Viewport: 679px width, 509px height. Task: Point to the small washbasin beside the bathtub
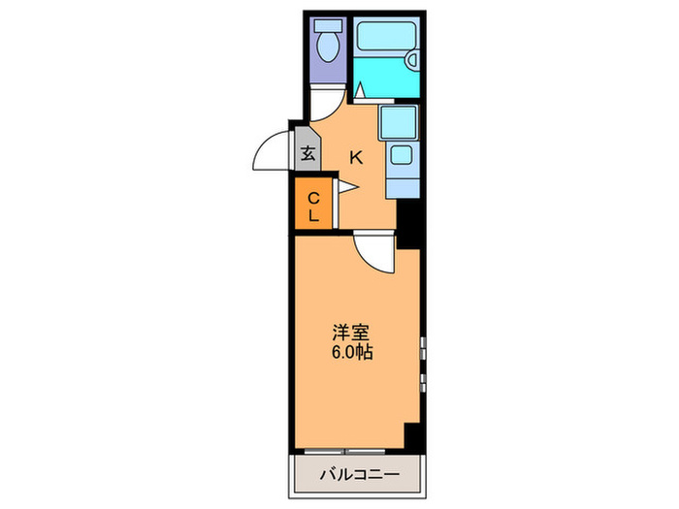point(412,61)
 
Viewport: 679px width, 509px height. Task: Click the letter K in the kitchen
point(356,156)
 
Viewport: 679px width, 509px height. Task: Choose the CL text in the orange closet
point(313,207)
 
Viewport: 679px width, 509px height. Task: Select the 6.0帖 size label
point(350,353)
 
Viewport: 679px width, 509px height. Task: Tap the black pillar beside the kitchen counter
point(408,223)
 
